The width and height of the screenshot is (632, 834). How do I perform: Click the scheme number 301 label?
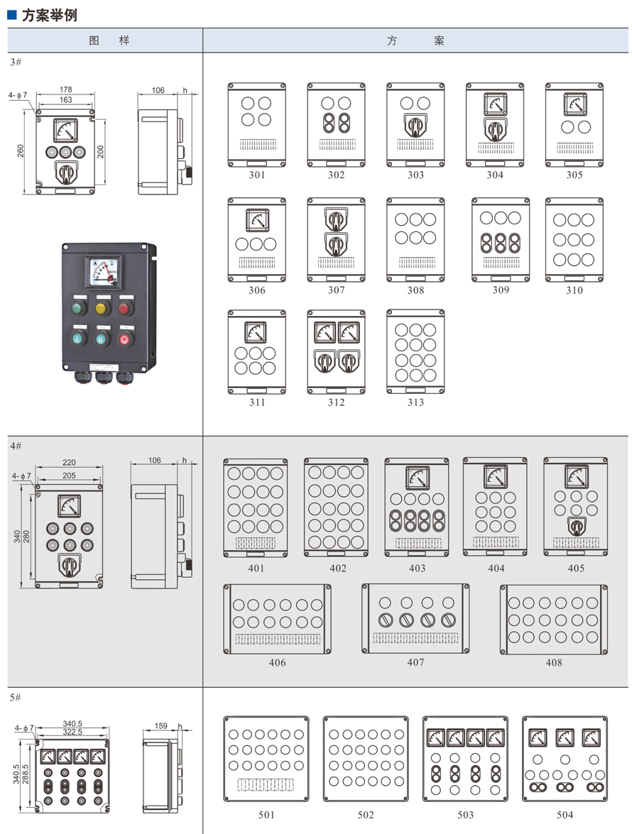(257, 175)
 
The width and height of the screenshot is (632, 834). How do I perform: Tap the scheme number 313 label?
(416, 402)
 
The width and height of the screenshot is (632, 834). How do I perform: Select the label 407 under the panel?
(416, 662)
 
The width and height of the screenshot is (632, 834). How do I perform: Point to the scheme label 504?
(565, 815)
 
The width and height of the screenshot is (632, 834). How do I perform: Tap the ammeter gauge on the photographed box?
(103, 272)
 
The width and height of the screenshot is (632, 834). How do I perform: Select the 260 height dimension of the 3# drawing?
(21, 150)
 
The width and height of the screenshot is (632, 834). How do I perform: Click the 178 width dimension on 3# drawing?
(66, 90)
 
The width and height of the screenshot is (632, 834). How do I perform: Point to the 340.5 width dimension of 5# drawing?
(73, 724)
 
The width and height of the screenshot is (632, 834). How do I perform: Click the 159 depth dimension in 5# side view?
(161, 726)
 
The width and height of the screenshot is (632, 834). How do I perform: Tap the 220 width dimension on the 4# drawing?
(69, 463)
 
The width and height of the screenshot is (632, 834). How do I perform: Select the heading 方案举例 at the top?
(49, 15)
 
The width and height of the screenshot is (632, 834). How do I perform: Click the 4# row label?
(16, 445)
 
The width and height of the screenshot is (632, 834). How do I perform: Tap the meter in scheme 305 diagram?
(574, 104)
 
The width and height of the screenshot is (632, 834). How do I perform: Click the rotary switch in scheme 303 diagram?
(415, 125)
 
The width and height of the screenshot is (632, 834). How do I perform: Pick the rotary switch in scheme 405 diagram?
(576, 526)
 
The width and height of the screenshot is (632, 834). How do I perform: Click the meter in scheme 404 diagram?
(496, 476)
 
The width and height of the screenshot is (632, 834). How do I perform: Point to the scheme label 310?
(574, 290)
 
